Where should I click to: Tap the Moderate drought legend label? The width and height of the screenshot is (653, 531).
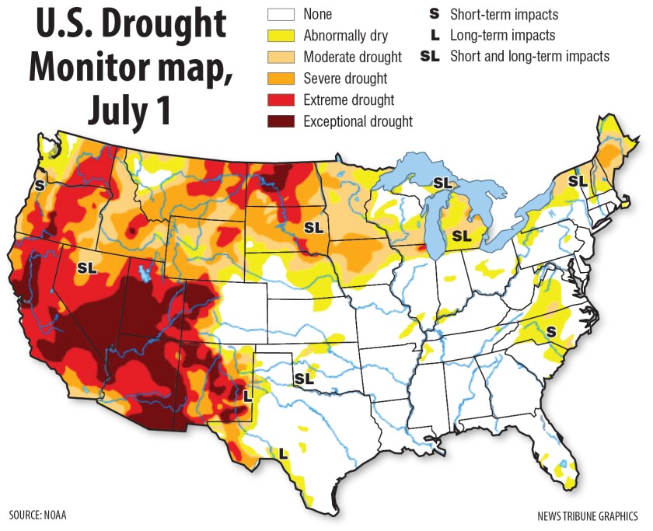tap(353, 57)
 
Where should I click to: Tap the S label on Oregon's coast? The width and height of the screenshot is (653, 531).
tap(39, 186)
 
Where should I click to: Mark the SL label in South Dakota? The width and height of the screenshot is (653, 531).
tap(313, 229)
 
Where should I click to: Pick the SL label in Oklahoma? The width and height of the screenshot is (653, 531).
tap(303, 379)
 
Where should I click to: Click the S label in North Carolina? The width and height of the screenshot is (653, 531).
tap(550, 331)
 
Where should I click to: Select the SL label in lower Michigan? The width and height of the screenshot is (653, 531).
tap(462, 235)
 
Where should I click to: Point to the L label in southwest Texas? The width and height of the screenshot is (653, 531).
tap(283, 452)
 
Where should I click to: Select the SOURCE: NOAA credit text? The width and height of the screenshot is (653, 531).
tap(37, 515)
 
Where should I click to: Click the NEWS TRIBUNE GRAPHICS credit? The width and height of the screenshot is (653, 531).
tap(587, 515)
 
